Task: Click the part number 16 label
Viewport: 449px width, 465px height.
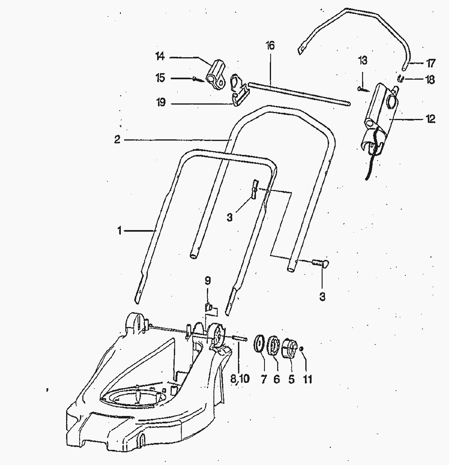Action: pyautogui.click(x=270, y=45)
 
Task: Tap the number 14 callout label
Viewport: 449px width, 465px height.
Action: pyautogui.click(x=160, y=56)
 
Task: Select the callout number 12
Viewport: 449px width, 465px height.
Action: pyautogui.click(x=430, y=119)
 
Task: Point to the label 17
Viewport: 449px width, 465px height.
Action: pyautogui.click(x=430, y=64)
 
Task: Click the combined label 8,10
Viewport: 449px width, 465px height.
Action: pyautogui.click(x=239, y=379)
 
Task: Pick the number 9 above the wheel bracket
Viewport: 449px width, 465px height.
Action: pyautogui.click(x=208, y=281)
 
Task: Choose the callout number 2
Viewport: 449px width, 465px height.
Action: pyautogui.click(x=117, y=140)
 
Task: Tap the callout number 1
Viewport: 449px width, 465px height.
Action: pyautogui.click(x=119, y=231)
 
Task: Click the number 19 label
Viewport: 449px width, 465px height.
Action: pyautogui.click(x=161, y=103)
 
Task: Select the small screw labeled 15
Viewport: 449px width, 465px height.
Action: pyautogui.click(x=198, y=79)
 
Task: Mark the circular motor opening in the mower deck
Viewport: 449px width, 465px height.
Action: pyautogui.click(x=135, y=396)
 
